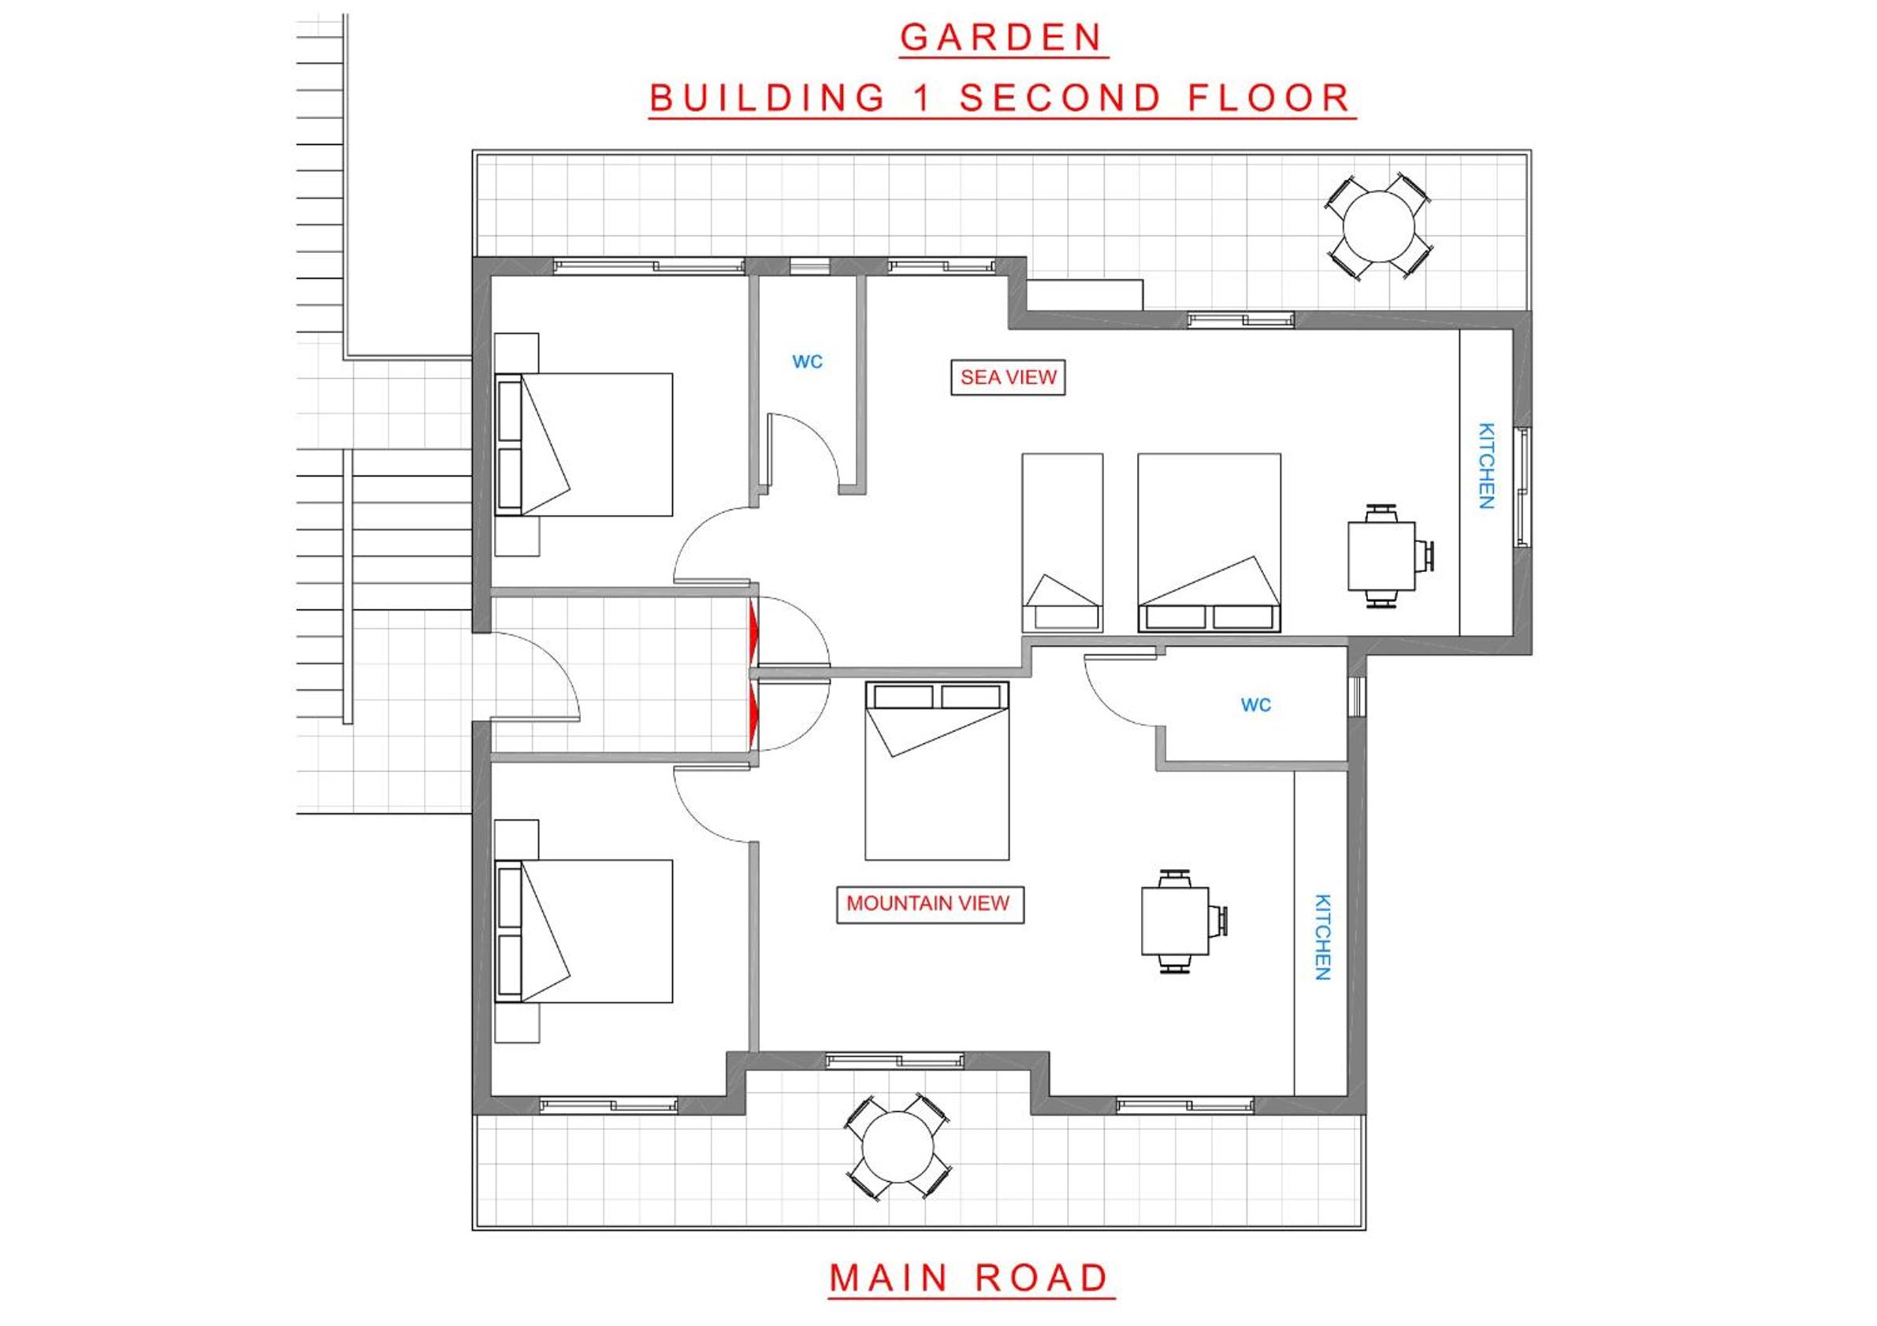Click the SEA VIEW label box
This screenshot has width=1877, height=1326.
click(1007, 377)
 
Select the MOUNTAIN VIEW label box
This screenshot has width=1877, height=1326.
click(930, 904)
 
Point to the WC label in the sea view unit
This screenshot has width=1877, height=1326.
click(807, 362)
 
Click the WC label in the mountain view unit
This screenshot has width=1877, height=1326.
click(1256, 704)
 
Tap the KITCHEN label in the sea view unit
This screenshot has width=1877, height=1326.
click(1487, 466)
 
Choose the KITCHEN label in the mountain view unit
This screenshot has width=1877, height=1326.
click(1323, 937)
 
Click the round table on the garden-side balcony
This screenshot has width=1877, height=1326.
click(1379, 226)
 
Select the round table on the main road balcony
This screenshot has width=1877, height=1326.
click(898, 1146)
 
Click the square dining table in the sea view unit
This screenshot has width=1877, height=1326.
click(1381, 556)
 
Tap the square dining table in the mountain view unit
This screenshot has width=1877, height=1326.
click(1176, 921)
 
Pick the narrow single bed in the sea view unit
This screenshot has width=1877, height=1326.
click(1062, 543)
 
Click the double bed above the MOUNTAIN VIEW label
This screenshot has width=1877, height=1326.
click(937, 771)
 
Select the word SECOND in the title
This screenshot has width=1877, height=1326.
click(1061, 98)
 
